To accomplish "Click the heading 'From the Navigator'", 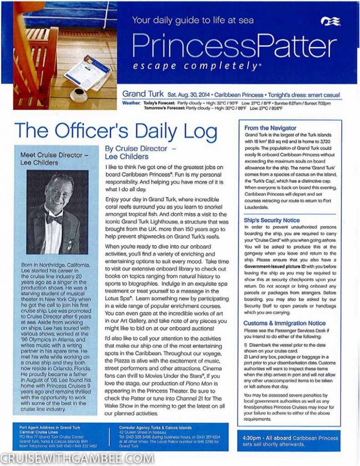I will [270, 128].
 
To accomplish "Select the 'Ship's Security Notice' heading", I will [271, 220].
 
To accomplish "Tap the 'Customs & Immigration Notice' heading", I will [284, 323].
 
